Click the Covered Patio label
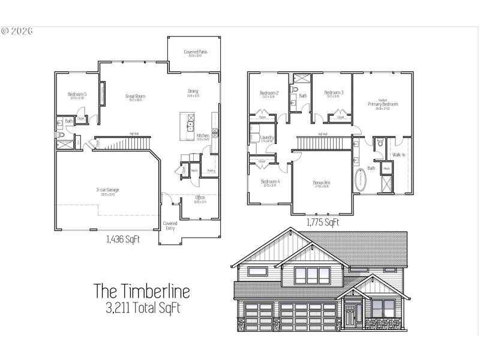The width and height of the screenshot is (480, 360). [x=193, y=52]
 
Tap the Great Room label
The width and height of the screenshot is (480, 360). [x=135, y=96]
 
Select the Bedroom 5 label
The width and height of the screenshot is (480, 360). [x=77, y=94]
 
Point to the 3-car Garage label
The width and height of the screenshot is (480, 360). [x=108, y=190]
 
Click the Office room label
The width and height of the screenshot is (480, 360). [x=200, y=197]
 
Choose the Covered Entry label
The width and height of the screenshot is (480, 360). [x=170, y=226]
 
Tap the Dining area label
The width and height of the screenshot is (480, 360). [x=193, y=92]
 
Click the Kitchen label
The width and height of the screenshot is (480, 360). [x=203, y=136]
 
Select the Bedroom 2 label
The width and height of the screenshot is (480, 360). [x=268, y=93]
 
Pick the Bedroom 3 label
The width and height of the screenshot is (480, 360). [x=333, y=92]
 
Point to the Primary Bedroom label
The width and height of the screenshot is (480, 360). [x=383, y=104]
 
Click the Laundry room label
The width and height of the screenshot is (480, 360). [x=267, y=138]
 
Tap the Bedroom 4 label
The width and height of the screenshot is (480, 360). [x=269, y=182]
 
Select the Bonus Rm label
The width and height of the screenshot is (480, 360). [x=322, y=182]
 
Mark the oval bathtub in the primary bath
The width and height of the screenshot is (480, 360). [x=361, y=181]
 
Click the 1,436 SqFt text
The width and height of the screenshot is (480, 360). [x=123, y=240]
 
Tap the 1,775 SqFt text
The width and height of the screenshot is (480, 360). [x=323, y=223]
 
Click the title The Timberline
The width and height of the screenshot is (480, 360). [x=142, y=292]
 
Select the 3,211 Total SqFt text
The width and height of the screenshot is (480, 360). [x=142, y=309]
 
